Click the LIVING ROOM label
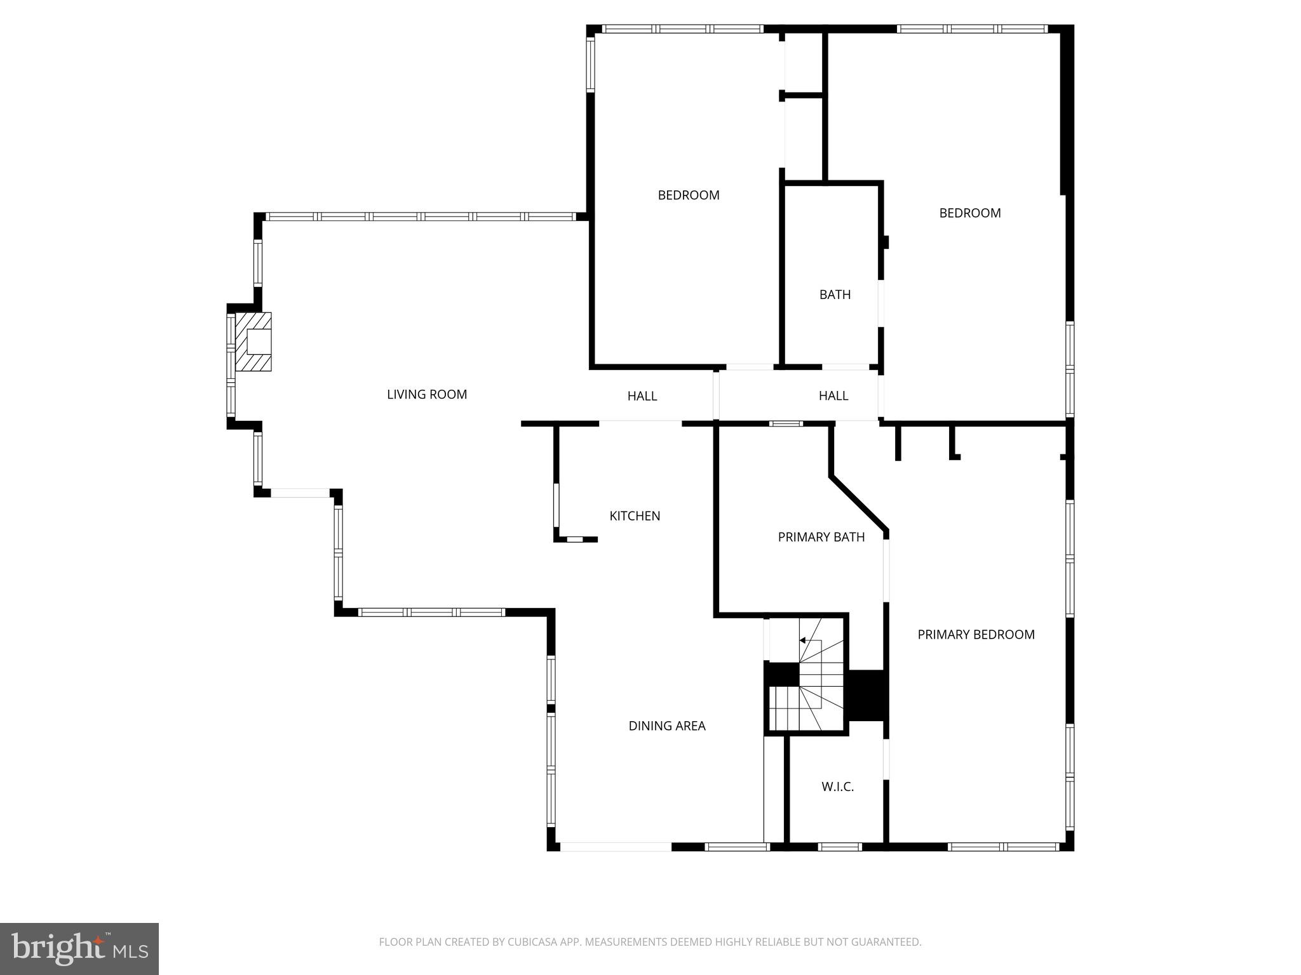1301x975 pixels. coord(427,394)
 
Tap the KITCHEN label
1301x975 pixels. coord(635,516)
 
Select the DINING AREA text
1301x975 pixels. coord(667,726)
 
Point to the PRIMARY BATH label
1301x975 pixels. coord(821,537)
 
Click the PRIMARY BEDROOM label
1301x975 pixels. coord(976,634)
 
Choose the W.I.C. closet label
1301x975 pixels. coord(837,786)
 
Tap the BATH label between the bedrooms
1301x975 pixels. coord(835,295)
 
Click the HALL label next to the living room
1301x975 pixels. coord(642,396)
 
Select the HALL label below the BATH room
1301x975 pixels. coord(833,395)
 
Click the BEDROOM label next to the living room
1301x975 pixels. coord(689,195)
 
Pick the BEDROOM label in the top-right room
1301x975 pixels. coord(970,213)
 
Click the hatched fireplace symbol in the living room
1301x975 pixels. coord(253,342)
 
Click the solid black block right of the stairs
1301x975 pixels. coord(867,695)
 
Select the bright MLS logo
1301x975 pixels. coord(79,949)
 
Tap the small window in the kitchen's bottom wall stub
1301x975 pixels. coord(574,540)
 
